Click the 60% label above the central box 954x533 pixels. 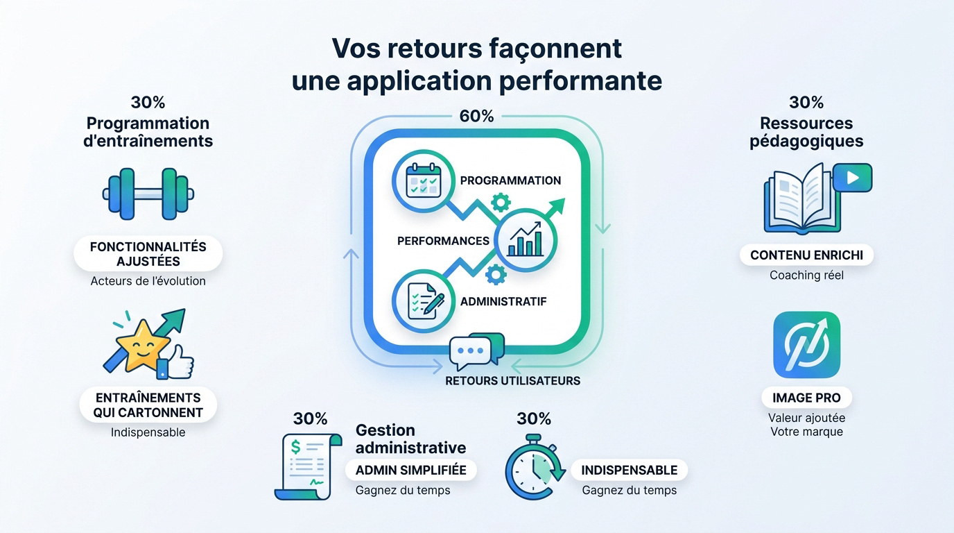[x=476, y=116]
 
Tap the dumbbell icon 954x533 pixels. [x=148, y=194]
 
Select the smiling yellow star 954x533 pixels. [x=143, y=346]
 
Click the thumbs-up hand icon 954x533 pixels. [x=175, y=363]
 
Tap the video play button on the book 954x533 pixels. [x=852, y=178]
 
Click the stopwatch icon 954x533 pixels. [x=535, y=467]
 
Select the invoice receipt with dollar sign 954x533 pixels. [x=309, y=467]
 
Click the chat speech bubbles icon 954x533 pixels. [x=477, y=351]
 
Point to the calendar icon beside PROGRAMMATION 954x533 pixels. [x=424, y=181]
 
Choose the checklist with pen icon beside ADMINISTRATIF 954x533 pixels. [x=424, y=301]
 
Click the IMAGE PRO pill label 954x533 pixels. [x=806, y=398]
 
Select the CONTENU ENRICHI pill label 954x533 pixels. [x=806, y=255]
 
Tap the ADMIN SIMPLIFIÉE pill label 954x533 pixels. [x=410, y=470]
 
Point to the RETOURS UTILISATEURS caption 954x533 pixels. [x=513, y=381]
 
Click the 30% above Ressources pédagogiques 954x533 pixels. [x=806, y=102]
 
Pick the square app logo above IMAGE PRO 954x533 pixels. [x=806, y=344]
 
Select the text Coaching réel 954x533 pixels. [x=806, y=276]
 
